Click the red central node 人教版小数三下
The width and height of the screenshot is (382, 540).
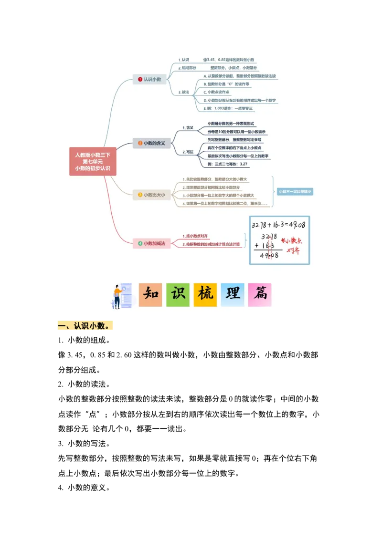coord(93,161)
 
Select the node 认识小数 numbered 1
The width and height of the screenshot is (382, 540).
coord(149,79)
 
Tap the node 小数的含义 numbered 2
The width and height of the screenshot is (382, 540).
coord(151,143)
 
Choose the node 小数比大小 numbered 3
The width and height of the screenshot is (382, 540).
coord(151,195)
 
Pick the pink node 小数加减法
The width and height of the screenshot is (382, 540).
coord(151,243)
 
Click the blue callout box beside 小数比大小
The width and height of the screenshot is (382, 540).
coord(295,191)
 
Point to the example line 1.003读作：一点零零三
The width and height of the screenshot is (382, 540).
coord(228,109)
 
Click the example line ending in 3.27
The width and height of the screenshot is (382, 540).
coord(228,164)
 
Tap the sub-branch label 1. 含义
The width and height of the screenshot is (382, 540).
coord(188,128)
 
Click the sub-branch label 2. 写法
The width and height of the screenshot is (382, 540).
coord(188,152)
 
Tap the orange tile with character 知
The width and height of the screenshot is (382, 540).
coord(150,295)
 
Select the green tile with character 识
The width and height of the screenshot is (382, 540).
coord(178,295)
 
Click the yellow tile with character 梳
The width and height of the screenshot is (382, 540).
coord(205,295)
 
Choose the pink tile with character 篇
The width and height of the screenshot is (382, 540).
coord(260,295)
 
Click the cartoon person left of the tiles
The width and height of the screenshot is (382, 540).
coord(119,296)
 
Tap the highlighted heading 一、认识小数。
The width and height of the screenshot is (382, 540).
coord(86,326)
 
